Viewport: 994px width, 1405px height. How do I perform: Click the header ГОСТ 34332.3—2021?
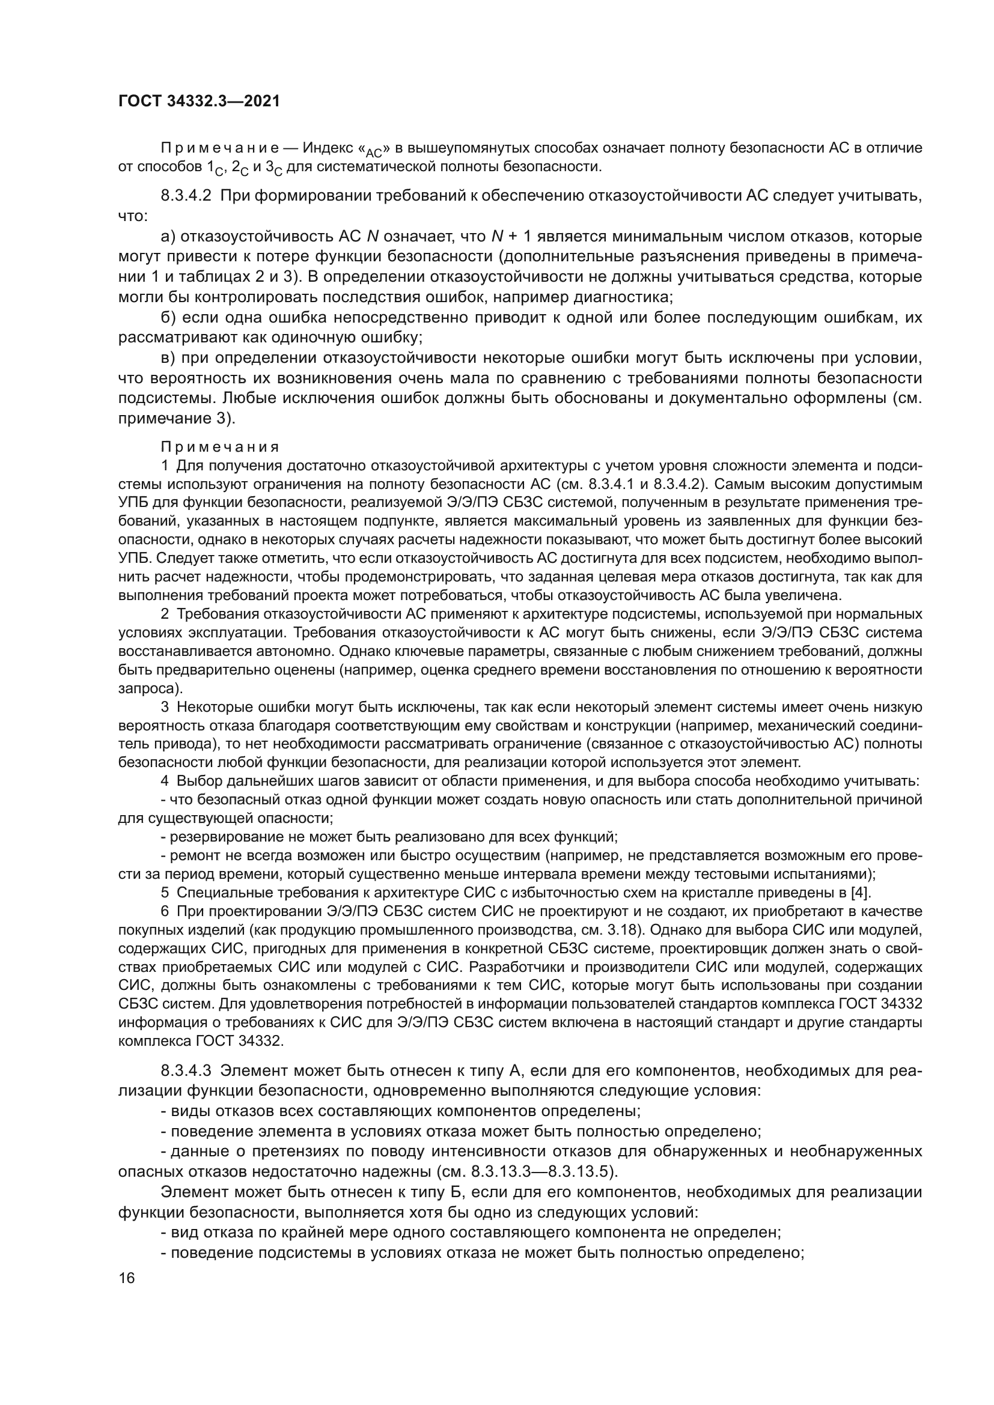(x=199, y=102)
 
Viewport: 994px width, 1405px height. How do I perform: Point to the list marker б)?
(x=168, y=318)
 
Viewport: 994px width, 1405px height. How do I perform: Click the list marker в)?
(x=168, y=359)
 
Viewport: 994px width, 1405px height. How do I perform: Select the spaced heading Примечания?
(x=220, y=448)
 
